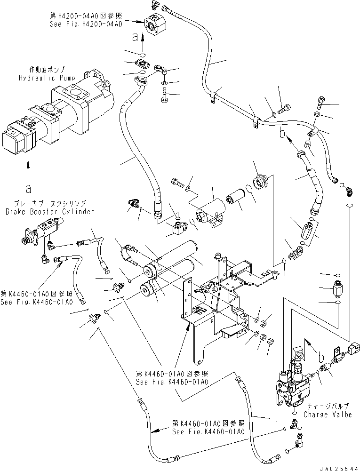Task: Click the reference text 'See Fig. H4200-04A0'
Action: [87, 24]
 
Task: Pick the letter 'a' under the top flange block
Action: [136, 35]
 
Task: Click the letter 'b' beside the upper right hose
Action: [282, 134]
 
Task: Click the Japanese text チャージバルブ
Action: [321, 406]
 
